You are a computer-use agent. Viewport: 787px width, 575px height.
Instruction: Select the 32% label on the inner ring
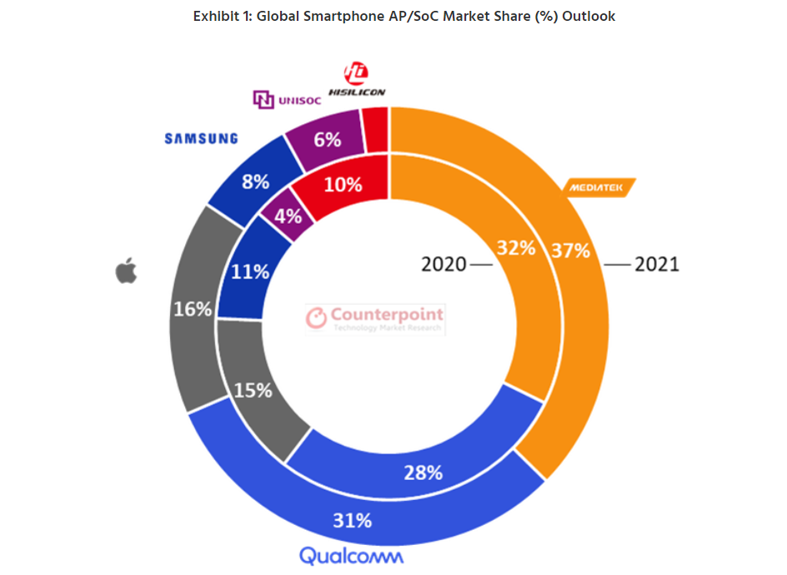click(x=515, y=248)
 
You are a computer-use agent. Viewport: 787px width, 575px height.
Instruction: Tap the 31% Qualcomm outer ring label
click(x=353, y=521)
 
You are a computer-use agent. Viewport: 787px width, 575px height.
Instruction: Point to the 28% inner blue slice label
click(x=424, y=472)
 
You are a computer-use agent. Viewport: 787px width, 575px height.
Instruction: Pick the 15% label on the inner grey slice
click(x=253, y=389)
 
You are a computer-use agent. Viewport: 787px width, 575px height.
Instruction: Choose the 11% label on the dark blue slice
click(x=251, y=271)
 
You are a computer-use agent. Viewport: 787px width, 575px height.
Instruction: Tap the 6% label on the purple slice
click(x=327, y=139)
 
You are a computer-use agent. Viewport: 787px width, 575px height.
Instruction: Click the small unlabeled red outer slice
click(x=376, y=129)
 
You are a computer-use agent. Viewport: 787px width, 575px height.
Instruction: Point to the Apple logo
click(x=126, y=270)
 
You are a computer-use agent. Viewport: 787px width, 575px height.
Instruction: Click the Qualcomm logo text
click(x=351, y=556)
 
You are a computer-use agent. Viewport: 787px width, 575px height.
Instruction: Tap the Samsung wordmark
click(x=201, y=139)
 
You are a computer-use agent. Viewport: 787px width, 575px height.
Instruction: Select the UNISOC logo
click(x=286, y=100)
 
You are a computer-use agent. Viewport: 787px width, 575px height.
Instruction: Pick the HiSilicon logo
click(x=356, y=80)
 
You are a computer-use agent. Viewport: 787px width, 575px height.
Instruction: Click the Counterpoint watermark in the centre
click(x=375, y=319)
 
